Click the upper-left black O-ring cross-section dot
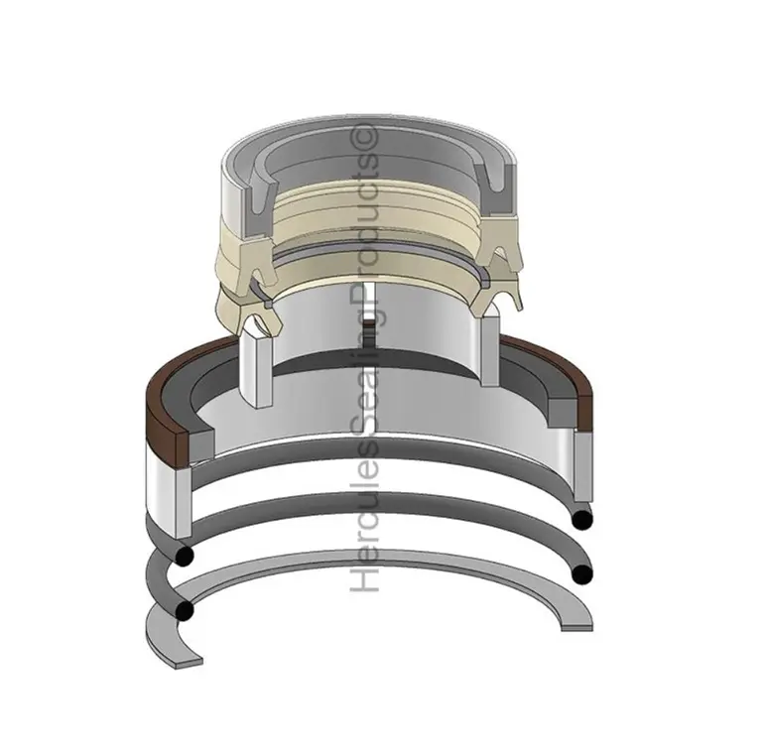click(186, 557)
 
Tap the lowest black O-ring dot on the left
click(185, 610)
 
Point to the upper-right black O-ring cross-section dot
click(582, 520)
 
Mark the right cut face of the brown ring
click(585, 414)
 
